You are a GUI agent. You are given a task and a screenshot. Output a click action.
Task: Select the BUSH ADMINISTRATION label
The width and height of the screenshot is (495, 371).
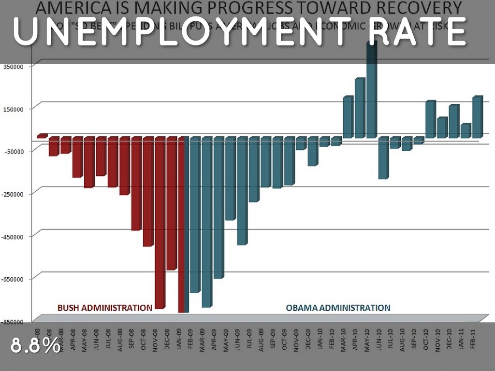pyautogui.click(x=105, y=307)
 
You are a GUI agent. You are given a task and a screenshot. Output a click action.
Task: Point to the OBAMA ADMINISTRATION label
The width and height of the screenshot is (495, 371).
pyautogui.click(x=338, y=307)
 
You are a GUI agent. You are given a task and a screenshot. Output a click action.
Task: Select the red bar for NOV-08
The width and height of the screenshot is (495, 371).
pyautogui.click(x=160, y=222)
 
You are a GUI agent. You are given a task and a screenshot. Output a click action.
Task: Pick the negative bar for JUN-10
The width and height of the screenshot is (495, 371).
pyautogui.click(x=383, y=158)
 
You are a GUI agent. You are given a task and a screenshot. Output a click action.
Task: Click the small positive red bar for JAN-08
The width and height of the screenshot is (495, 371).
pyautogui.click(x=42, y=136)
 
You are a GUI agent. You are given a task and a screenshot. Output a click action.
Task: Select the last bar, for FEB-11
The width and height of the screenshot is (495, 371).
pyautogui.click(x=477, y=117)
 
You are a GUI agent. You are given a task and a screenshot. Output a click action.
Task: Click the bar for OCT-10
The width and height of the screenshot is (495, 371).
pyautogui.click(x=430, y=119)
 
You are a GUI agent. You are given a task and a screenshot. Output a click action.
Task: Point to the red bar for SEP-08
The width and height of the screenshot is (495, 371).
pyautogui.click(x=136, y=184)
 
